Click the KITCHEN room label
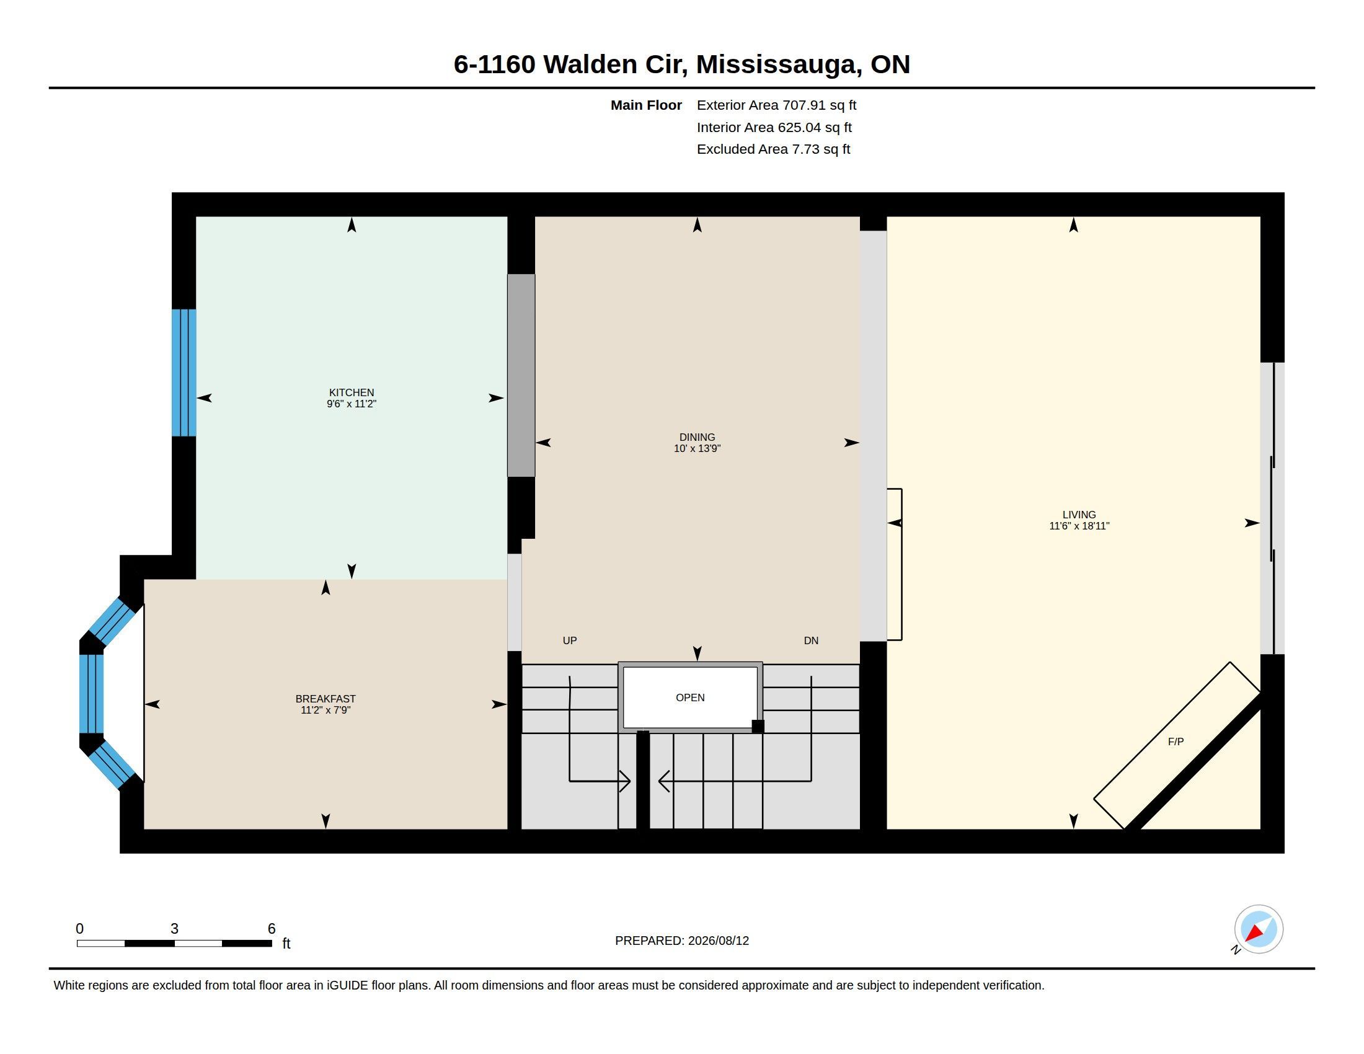pos(352,392)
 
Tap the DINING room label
pos(697,437)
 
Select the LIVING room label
pos(1079,515)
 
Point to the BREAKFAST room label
pos(325,699)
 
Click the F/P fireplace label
pos(1176,742)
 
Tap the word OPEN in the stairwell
pos(690,697)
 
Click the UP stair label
pos(570,640)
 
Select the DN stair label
pos(811,640)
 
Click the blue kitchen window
pos(184,373)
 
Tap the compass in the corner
pos(1259,929)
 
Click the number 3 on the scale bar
pos(174,929)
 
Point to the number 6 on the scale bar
pos(272,929)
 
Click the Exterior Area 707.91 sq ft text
pos(776,105)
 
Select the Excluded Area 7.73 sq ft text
pos(773,149)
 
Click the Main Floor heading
pos(646,105)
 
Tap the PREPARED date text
pos(682,941)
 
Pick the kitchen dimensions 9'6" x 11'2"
pos(352,404)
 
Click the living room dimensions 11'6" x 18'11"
pos(1079,526)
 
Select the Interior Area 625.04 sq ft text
pos(774,127)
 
